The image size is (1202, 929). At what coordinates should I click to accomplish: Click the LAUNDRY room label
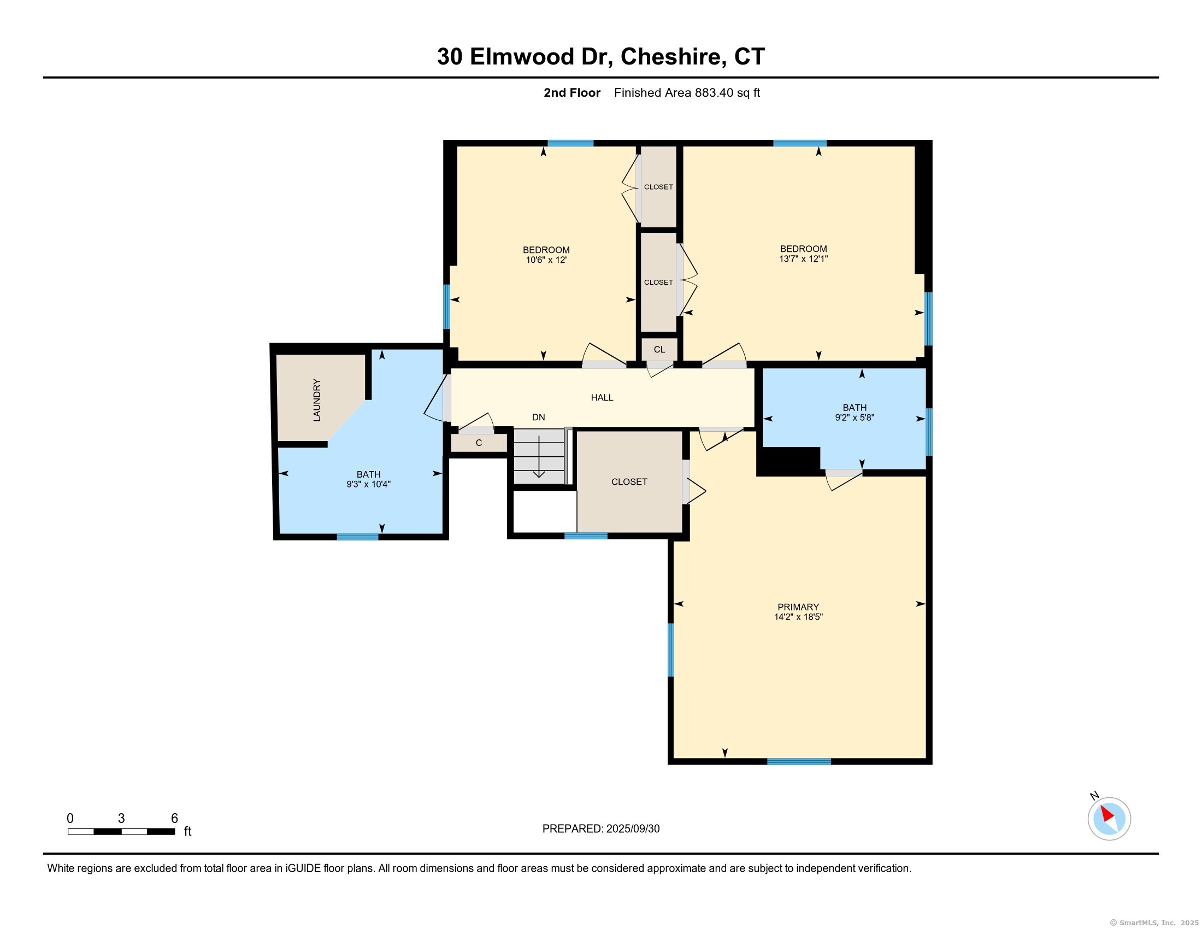316,400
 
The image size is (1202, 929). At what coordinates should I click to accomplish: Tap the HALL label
602,397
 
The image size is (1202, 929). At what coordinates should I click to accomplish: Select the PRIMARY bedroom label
798,607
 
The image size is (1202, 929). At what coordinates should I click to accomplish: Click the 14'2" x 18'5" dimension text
798,617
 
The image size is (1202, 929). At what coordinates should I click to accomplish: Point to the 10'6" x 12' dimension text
546,260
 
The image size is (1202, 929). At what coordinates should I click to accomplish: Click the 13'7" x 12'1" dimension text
803,258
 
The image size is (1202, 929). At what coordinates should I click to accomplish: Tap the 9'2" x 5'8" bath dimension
855,417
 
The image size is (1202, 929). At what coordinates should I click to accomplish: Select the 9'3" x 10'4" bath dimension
368,484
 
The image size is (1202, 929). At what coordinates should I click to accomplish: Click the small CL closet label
659,350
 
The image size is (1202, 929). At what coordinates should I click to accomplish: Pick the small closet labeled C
479,443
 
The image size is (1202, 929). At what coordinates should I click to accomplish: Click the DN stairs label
538,417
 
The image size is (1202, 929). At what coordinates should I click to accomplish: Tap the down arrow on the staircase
539,456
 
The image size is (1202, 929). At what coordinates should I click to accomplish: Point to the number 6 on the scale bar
174,818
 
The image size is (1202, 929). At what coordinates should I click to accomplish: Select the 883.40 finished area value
714,92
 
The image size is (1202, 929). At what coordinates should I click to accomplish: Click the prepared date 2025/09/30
633,829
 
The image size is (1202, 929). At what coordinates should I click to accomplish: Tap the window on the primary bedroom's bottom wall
799,762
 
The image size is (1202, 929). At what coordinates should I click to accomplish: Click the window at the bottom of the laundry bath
358,537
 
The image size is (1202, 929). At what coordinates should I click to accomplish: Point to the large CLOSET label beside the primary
629,481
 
